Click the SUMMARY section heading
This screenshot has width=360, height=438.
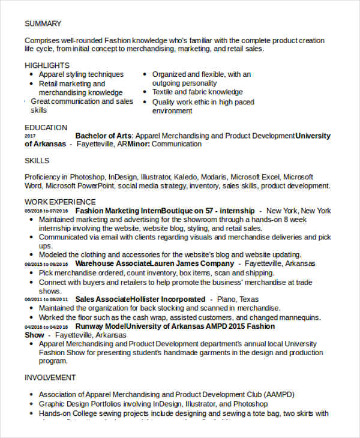[43, 23]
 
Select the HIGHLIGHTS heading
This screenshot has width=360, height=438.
[47, 65]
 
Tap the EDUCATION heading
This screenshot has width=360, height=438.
[46, 127]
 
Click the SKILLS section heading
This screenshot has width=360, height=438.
[37, 161]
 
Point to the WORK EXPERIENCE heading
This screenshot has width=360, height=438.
[60, 202]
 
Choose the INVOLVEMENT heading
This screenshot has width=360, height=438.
[50, 377]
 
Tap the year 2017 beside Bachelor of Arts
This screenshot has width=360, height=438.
[30, 136]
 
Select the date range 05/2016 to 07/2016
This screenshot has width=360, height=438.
[46, 211]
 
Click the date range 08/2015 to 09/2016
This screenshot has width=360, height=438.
[46, 264]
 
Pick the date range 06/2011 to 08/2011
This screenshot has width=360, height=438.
[46, 299]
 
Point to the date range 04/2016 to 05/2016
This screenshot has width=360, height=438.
[46, 326]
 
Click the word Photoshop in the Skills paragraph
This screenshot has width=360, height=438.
[88, 177]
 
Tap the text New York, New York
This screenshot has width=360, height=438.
[298, 211]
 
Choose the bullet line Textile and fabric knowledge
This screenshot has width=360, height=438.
[197, 92]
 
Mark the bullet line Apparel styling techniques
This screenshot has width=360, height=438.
[81, 74]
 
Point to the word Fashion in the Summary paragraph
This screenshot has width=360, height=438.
[121, 41]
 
